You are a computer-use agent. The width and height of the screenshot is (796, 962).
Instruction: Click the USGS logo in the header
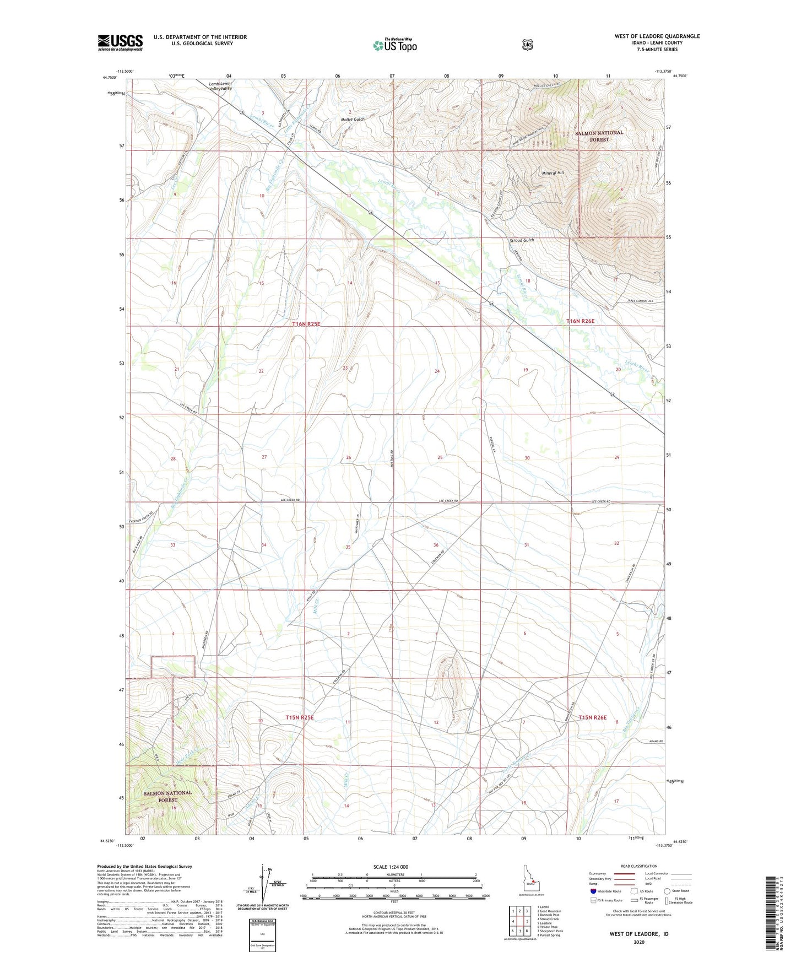click(x=120, y=42)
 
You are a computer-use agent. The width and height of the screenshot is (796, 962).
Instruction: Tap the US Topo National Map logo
click(x=394, y=45)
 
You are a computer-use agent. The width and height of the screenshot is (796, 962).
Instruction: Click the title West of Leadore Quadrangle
click(x=657, y=36)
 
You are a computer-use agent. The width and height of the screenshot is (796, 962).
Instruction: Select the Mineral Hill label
click(x=553, y=173)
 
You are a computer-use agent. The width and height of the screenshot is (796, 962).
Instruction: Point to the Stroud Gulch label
click(x=522, y=240)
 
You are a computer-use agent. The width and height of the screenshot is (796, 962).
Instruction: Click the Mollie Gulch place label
click(x=352, y=119)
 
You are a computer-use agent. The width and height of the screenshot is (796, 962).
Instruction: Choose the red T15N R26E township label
click(x=592, y=717)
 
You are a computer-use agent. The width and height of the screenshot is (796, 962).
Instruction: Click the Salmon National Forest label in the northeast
click(x=599, y=136)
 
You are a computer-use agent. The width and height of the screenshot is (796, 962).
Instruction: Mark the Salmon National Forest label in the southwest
click(x=168, y=796)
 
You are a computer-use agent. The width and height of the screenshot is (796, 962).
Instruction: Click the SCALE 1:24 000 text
click(x=391, y=867)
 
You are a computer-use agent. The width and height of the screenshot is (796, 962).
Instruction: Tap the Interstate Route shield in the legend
click(x=593, y=891)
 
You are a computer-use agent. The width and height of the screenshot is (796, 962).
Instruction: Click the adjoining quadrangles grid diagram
click(x=519, y=925)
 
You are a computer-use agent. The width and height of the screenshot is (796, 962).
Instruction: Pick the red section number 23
click(x=345, y=367)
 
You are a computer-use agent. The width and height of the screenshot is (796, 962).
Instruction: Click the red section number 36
click(x=436, y=545)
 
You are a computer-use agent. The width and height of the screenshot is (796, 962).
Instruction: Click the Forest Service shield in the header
click(x=527, y=44)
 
